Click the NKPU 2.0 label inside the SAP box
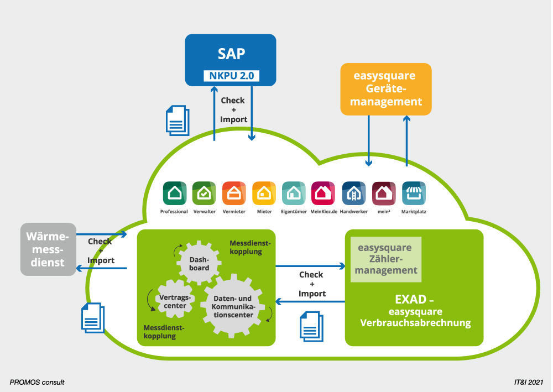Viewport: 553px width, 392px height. [231, 76]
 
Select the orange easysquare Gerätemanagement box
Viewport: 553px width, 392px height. [385, 89]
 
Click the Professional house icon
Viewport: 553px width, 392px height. [174, 194]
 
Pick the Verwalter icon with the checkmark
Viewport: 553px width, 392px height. [204, 194]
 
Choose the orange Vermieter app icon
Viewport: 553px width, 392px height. [233, 194]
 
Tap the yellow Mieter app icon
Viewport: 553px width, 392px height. [263, 194]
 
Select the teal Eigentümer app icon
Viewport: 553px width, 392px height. [293, 194]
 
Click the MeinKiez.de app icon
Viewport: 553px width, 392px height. [323, 194]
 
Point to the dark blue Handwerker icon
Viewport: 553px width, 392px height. [353, 194]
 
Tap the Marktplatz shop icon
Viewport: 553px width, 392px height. [413, 194]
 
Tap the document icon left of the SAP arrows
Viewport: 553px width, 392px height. [178, 121]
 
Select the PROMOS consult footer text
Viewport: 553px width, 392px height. [37, 382]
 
